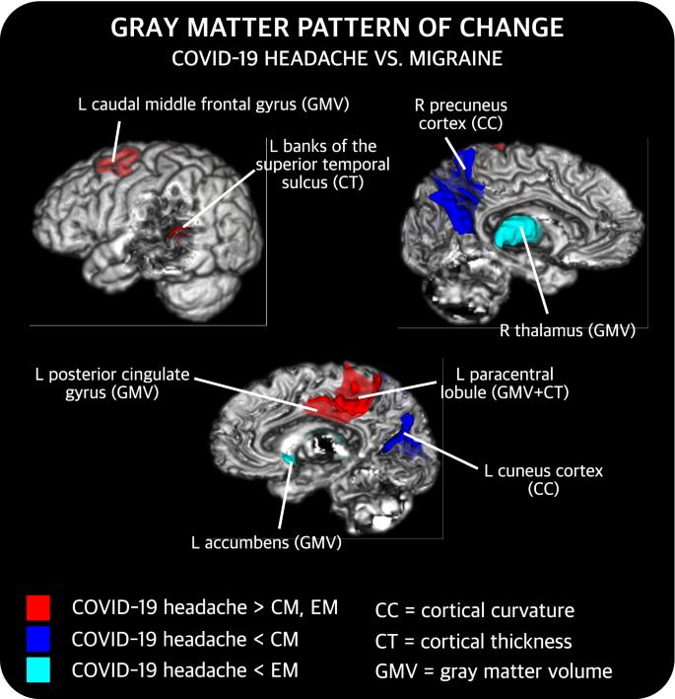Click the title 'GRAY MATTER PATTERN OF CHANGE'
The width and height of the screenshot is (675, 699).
pyautogui.click(x=337, y=27)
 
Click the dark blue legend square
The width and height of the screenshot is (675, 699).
pyautogui.click(x=39, y=640)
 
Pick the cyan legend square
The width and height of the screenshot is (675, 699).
pyautogui.click(x=39, y=672)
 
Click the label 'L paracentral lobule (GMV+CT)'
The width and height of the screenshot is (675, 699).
pyautogui.click(x=506, y=384)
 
